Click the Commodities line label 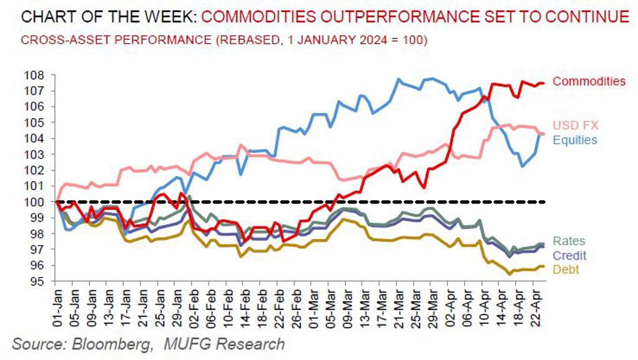589,81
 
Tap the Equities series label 575,140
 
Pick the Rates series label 569,241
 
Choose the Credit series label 570,255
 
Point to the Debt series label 566,270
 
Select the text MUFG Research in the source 223,344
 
